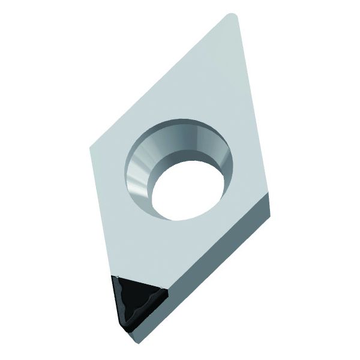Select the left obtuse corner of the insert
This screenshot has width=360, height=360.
tap(91, 147)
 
